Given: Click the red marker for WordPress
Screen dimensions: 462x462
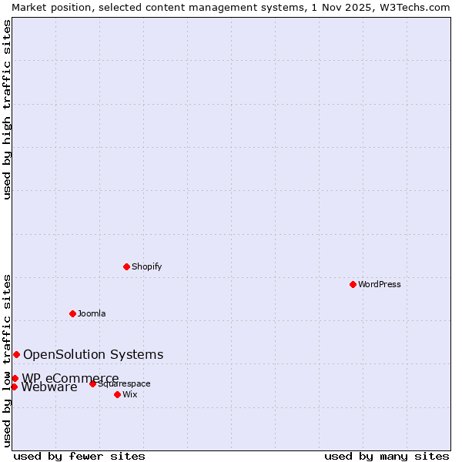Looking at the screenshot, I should click(x=353, y=284).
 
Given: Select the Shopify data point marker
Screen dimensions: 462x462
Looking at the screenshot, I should click(x=126, y=266).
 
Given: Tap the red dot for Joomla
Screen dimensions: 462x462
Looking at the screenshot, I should click(x=72, y=313).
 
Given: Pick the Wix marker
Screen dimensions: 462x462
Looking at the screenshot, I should click(x=117, y=394).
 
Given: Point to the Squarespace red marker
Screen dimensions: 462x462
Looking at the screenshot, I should click(x=92, y=383).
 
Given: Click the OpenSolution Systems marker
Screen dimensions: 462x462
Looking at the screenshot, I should click(x=16, y=354).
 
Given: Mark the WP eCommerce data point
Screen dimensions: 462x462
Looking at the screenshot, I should click(x=15, y=378).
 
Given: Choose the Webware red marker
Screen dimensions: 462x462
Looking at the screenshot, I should click(x=14, y=387).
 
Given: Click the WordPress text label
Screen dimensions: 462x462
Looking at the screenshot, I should click(x=380, y=284).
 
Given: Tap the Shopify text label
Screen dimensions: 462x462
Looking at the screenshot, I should click(x=147, y=266).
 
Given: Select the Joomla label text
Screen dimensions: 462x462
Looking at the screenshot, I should click(x=92, y=313).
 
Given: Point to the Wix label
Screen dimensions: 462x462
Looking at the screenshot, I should click(x=130, y=394).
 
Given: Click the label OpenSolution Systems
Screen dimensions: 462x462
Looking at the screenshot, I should click(x=93, y=354).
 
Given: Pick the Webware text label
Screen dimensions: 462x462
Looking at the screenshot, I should click(x=49, y=387).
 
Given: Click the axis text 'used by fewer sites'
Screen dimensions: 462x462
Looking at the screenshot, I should click(x=79, y=456).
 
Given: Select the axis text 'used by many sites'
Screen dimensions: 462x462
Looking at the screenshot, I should click(x=387, y=456).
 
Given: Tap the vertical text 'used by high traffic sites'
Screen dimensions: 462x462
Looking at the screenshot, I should click(x=7, y=109).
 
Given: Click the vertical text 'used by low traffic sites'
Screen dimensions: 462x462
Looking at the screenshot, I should click(x=7, y=360).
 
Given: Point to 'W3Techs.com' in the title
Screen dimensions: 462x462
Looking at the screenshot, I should click(x=413, y=7).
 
